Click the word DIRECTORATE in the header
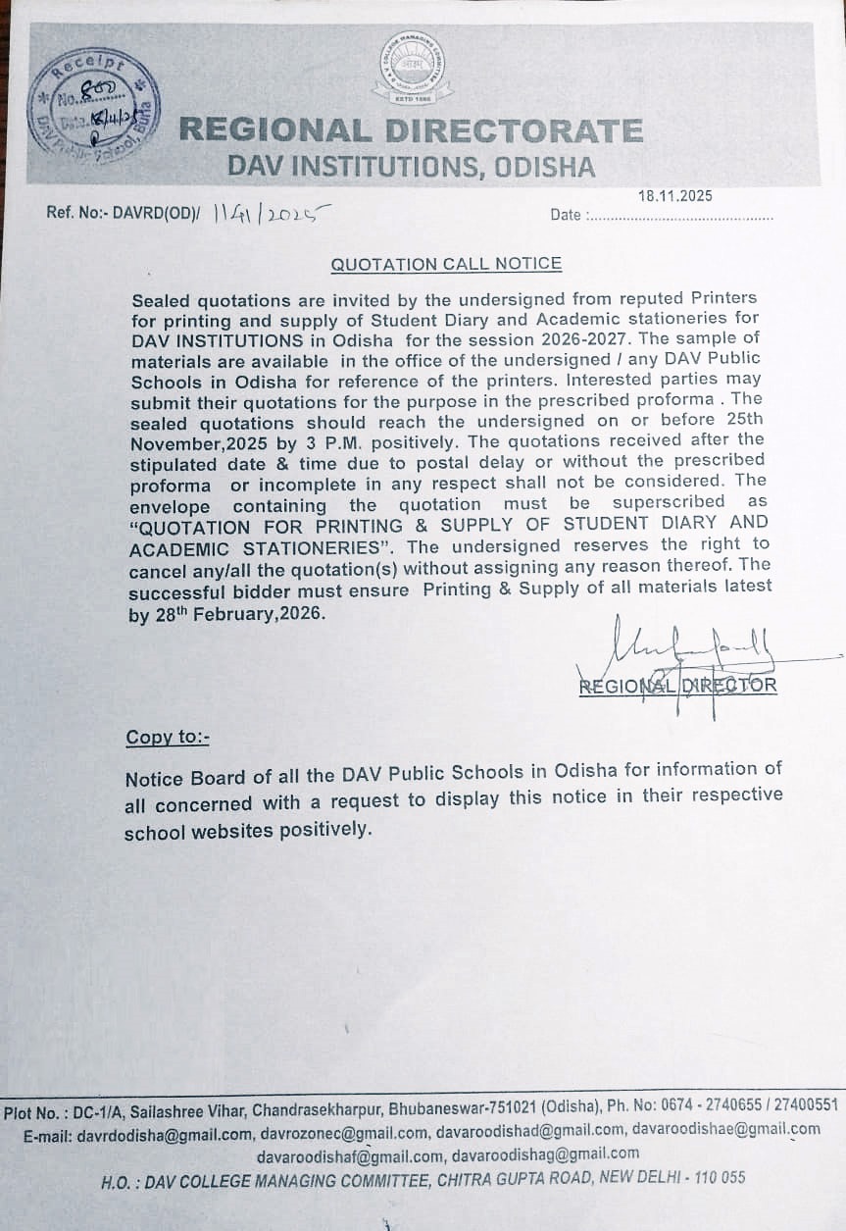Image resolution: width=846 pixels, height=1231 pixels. [x=513, y=130]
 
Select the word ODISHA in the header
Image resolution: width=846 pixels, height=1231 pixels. [x=545, y=167]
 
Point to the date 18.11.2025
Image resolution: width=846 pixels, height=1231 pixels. [x=675, y=196]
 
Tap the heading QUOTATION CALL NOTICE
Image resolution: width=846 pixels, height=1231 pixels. [x=446, y=264]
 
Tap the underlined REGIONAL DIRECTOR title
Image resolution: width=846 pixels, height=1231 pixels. [x=677, y=686]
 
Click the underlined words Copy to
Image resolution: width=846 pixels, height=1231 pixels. [x=167, y=738]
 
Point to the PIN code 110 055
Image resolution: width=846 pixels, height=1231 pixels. [x=720, y=1177]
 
